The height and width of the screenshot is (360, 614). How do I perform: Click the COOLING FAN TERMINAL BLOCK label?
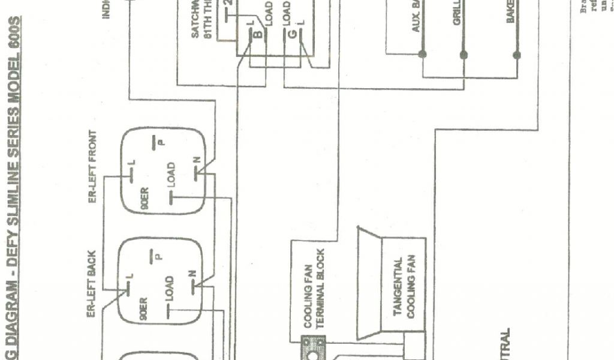[x=313, y=289]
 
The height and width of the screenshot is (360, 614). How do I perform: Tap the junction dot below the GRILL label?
[x=463, y=55]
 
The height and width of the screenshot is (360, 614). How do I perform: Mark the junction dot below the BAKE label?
[x=516, y=55]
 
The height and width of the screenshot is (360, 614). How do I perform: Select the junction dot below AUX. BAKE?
[x=422, y=54]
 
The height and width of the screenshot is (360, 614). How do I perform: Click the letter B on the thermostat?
[x=257, y=34]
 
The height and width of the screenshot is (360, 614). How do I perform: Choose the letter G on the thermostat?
[x=292, y=34]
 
